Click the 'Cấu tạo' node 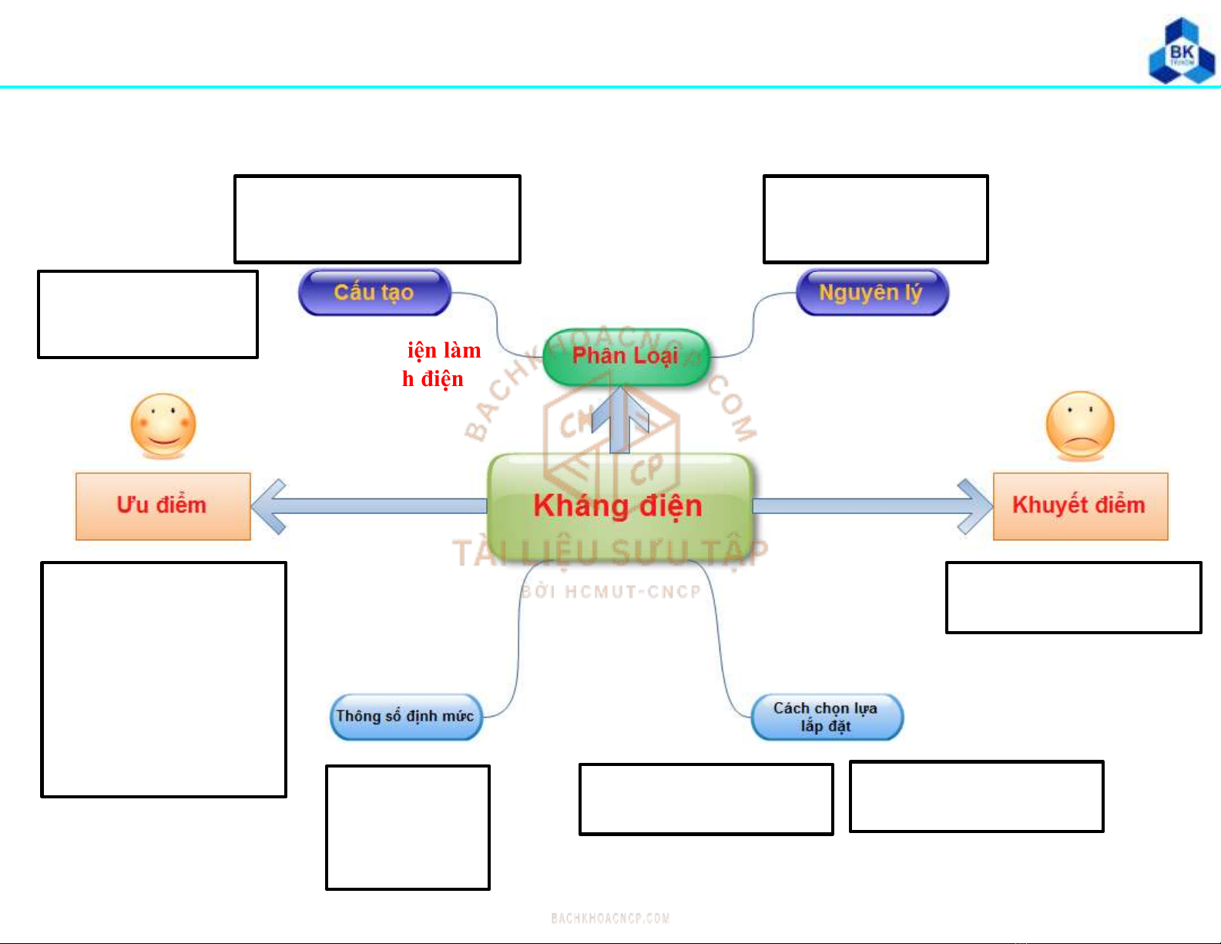(x=374, y=292)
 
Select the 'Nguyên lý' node (x=871, y=292)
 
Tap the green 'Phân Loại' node (x=625, y=356)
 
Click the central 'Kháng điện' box (x=619, y=506)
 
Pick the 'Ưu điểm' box (x=163, y=506)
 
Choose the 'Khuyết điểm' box (x=1079, y=506)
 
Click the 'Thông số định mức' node (x=405, y=717)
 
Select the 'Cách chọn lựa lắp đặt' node (x=826, y=717)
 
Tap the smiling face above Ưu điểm (x=163, y=425)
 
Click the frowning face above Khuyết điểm (x=1080, y=425)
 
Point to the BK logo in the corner (x=1181, y=52)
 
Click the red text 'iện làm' (x=444, y=351)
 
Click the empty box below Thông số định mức (x=408, y=827)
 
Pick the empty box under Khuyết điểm (x=1073, y=597)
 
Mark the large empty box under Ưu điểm (x=163, y=679)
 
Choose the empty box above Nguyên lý (x=875, y=219)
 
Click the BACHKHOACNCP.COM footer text (x=610, y=918)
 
